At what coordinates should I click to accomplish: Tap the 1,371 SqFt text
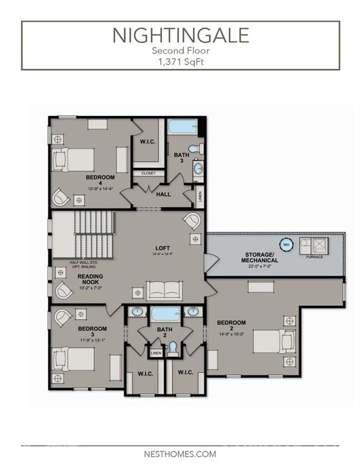pos(180,61)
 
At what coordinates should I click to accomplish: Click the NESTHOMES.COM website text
pos(180,453)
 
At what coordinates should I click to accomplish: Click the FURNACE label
pos(314,257)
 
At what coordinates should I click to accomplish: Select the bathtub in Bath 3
pos(182,128)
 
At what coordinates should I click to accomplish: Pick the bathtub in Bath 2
pos(165,314)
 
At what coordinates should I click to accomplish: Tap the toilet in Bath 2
pos(173,348)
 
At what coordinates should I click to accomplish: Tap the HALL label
pos(163,195)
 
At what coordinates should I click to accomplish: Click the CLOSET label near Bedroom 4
pos(148,173)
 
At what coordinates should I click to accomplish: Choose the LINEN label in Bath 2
pos(155,353)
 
